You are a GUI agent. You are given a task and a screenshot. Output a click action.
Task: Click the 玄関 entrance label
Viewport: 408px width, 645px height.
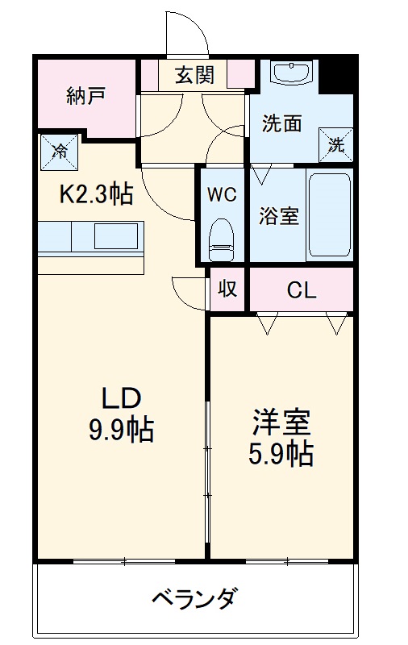(x=194, y=76)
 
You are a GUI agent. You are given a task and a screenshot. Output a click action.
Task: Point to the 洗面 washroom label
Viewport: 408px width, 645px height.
(x=282, y=123)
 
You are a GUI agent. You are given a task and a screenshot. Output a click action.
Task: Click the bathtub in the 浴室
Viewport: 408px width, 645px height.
(x=330, y=214)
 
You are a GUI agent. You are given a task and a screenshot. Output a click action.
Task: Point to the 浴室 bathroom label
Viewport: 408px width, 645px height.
(x=279, y=216)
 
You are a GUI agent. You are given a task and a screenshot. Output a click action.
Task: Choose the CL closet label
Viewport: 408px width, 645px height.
(x=302, y=291)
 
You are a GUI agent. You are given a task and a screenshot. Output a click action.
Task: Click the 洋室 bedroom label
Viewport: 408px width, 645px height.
(x=280, y=422)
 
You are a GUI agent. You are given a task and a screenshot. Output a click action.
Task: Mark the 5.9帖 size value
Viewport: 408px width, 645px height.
(x=280, y=454)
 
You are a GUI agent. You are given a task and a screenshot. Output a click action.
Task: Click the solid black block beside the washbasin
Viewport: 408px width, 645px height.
(x=336, y=74)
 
